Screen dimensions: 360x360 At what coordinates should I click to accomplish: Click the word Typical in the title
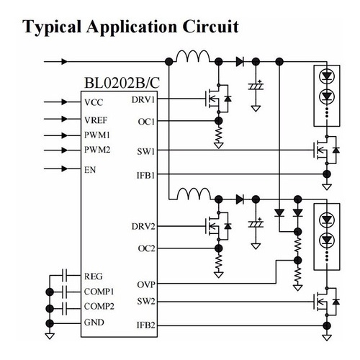[52, 27]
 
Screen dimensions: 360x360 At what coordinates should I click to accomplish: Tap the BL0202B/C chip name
[122, 83]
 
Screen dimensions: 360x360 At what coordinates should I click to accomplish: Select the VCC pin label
[94, 102]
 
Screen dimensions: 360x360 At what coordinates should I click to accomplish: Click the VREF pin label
[96, 120]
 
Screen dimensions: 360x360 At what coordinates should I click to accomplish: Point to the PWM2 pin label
[97, 150]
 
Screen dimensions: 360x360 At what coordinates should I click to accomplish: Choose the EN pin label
[90, 170]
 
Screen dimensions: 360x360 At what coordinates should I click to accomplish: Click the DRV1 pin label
[143, 100]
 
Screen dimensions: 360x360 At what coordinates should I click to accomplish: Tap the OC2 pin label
[146, 248]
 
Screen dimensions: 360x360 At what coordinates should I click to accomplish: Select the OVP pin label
[146, 284]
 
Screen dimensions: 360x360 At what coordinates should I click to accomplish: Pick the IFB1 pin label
[145, 176]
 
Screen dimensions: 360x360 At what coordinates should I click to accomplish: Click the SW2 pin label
[146, 301]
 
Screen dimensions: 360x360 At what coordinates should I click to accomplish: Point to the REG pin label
[94, 276]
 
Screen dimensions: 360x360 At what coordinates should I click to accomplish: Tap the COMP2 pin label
[99, 307]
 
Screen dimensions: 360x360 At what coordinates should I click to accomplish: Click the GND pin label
[94, 323]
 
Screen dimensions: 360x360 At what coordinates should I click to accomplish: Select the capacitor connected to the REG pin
[65, 275]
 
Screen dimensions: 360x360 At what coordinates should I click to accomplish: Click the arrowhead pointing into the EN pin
[64, 169]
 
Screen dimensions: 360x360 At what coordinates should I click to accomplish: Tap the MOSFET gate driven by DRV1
[206, 99]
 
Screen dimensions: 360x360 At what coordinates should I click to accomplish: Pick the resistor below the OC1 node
[218, 134]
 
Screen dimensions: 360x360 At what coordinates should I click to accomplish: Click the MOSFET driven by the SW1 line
[326, 150]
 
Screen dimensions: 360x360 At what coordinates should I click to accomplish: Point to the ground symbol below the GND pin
[50, 336]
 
